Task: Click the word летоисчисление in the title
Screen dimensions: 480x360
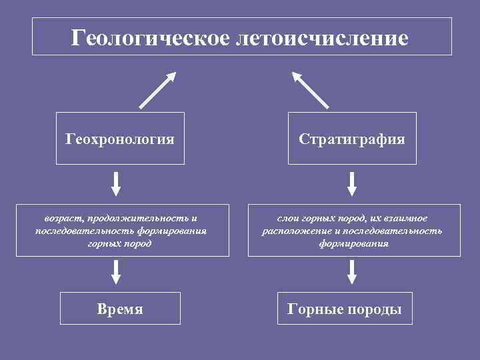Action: click(322, 37)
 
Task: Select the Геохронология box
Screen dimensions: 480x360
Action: click(120, 139)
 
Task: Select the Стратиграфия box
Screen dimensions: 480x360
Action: click(352, 139)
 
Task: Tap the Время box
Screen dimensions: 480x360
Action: click(120, 309)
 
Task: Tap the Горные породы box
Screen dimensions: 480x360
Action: click(344, 309)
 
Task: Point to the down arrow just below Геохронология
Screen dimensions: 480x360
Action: click(116, 183)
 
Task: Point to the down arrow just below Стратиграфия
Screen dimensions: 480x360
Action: click(353, 183)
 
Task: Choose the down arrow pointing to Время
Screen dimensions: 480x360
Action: click(116, 272)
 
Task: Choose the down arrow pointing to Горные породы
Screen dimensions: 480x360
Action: click(353, 272)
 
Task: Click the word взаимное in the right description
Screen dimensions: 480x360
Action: click(405, 218)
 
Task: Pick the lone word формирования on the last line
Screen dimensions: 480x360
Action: click(354, 243)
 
